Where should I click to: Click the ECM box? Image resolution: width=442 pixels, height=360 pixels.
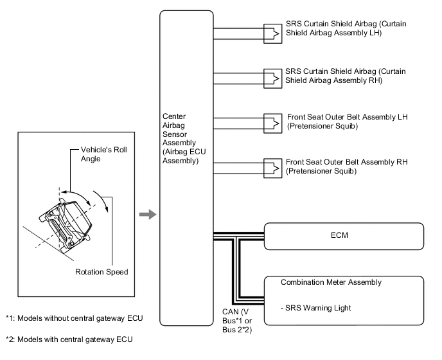click(x=344, y=235)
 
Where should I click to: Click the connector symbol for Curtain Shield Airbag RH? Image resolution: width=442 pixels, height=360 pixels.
click(x=272, y=76)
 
